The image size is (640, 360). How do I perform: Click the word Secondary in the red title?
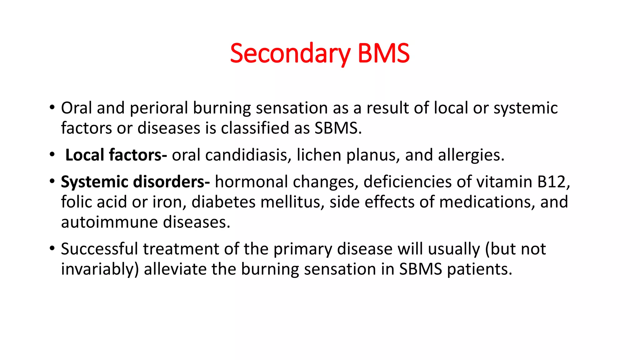290,54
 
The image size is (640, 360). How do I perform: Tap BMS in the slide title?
383,54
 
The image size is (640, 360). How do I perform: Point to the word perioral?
159,108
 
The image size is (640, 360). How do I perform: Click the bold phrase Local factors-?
116,155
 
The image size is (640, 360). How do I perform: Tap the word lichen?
318,155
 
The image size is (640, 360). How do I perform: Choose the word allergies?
471,155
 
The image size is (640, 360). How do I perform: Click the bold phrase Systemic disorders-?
135,182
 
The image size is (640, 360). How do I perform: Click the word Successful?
99,249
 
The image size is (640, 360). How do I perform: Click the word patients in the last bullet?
479,269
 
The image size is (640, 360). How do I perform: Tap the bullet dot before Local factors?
52,155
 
